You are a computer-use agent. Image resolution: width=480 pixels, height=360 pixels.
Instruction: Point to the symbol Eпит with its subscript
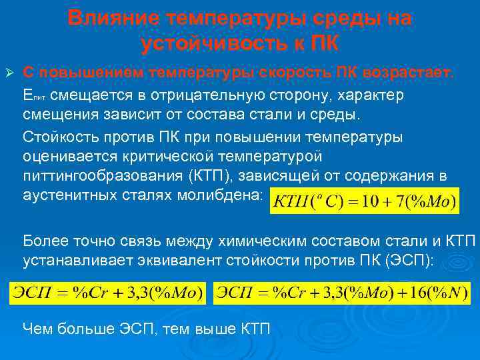pos(34,95)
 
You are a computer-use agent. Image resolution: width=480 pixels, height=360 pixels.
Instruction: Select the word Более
pos(43,240)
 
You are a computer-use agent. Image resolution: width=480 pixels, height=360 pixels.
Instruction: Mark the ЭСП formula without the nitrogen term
pos(108,293)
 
